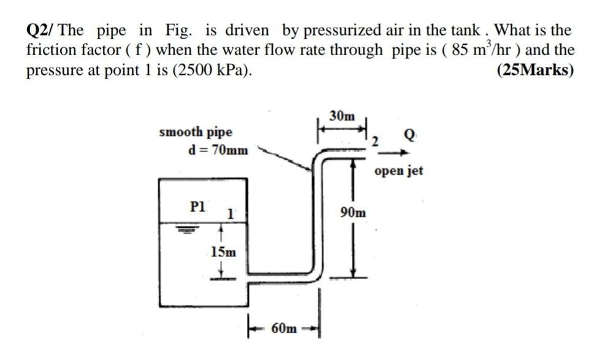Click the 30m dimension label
click(341, 115)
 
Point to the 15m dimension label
click(222, 251)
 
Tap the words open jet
click(398, 170)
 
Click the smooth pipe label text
click(196, 132)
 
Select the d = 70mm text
click(219, 150)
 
